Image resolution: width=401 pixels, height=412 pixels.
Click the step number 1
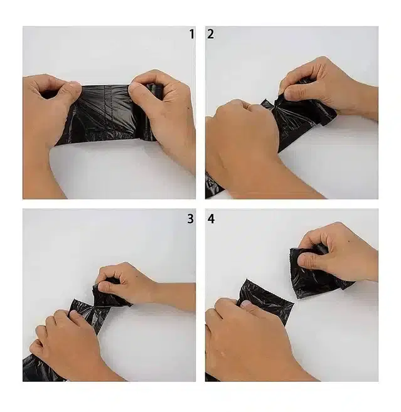point(191,34)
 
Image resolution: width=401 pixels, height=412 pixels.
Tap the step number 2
point(210,34)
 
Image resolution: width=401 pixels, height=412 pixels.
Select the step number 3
point(190,219)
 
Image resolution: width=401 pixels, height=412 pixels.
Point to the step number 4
point(211,219)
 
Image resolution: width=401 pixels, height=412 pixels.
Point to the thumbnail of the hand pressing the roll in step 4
point(248,305)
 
